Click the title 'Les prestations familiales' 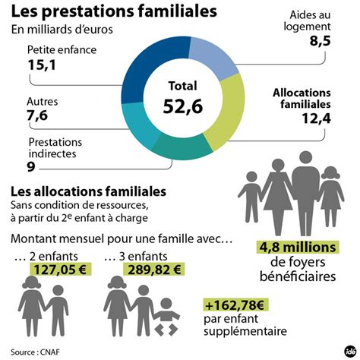[x=113, y=12]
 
